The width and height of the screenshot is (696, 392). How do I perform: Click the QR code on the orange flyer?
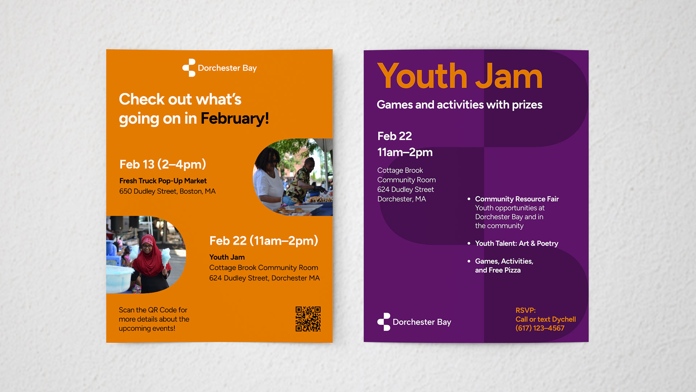pyautogui.click(x=308, y=319)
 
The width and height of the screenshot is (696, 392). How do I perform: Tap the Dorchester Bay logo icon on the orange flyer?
pyautogui.click(x=189, y=68)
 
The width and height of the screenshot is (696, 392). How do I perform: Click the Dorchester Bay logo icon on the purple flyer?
pyautogui.click(x=384, y=322)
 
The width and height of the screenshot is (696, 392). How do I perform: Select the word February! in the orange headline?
pyautogui.click(x=235, y=118)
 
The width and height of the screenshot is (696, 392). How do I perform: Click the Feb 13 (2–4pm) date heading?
pyautogui.click(x=163, y=164)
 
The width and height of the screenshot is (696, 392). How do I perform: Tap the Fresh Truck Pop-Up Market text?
pyautogui.click(x=163, y=181)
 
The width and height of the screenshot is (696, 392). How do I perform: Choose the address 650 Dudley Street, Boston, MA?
pyautogui.click(x=167, y=191)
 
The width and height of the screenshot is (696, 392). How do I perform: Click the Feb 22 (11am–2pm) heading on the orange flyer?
pyautogui.click(x=264, y=241)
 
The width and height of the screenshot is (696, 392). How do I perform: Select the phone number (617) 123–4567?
pyautogui.click(x=540, y=328)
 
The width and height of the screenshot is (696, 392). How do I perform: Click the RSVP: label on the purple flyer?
pyautogui.click(x=526, y=310)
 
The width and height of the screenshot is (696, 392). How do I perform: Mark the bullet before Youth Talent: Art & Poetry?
pyautogui.click(x=469, y=243)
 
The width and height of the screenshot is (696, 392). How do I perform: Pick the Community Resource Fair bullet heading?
pyautogui.click(x=517, y=199)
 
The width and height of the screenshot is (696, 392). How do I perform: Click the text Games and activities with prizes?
pyautogui.click(x=460, y=105)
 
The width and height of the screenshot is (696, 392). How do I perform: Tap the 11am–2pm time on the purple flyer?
pyautogui.click(x=405, y=152)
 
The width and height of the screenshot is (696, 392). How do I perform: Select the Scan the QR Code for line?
pyautogui.click(x=153, y=310)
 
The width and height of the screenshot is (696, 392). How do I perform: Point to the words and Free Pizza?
pyautogui.click(x=498, y=270)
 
